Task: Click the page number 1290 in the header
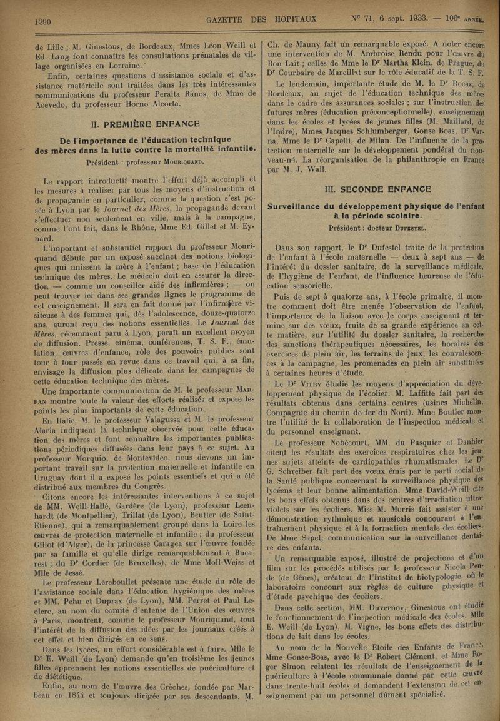pos(41,20)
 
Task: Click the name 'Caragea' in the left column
pos(174,518)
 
